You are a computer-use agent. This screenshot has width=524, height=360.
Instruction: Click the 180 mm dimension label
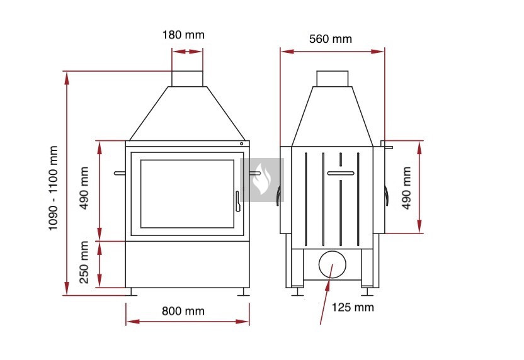183,35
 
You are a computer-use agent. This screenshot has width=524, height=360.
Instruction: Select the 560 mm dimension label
331,39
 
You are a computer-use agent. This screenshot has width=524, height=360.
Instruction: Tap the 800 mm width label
183,312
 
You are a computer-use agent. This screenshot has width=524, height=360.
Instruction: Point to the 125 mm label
353,307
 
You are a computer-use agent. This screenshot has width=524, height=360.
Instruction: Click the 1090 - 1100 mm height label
54,188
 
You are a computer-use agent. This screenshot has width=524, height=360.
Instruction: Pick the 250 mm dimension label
84,262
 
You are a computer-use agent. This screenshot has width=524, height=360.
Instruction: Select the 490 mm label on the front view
84,188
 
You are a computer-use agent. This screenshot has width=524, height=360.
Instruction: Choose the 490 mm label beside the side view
406,188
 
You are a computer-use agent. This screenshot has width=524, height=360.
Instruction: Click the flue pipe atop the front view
187,79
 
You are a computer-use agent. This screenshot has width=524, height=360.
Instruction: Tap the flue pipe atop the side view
333,79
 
